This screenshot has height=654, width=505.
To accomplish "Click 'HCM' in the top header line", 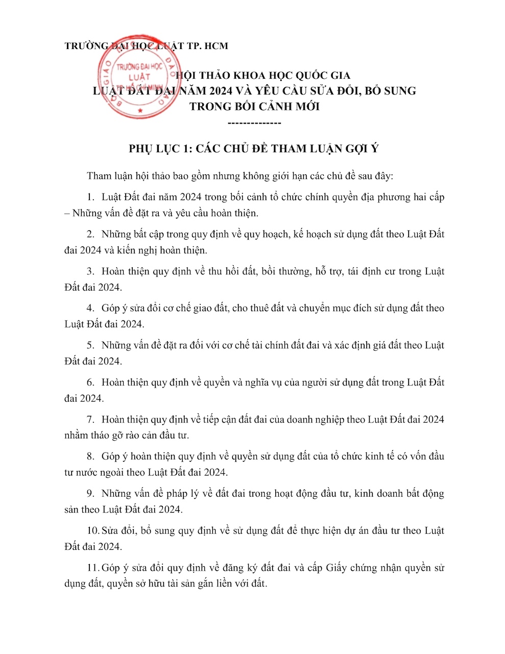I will coord(215,46).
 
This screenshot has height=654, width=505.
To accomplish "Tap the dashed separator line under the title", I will coord(254,123).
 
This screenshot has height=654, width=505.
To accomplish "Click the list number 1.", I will coord(90,197).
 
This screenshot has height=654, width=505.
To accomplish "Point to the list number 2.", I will coord(90,235).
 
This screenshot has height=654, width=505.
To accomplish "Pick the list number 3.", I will coord(90,271).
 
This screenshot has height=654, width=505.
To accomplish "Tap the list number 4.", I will coord(90,309).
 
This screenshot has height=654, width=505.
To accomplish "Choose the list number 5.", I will coord(90,345).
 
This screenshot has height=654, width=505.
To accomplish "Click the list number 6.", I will coord(90,383).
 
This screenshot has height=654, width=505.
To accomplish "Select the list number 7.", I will coord(90,419).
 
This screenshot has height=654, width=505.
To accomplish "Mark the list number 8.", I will coord(90,457).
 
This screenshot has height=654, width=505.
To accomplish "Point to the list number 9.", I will coord(90,494).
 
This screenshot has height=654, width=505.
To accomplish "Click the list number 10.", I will coord(92,531).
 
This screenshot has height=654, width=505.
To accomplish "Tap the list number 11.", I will coord(92,568).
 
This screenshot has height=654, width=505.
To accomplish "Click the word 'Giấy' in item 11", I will coord(336,568).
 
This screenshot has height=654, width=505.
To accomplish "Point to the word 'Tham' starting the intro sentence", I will coord(99,176).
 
